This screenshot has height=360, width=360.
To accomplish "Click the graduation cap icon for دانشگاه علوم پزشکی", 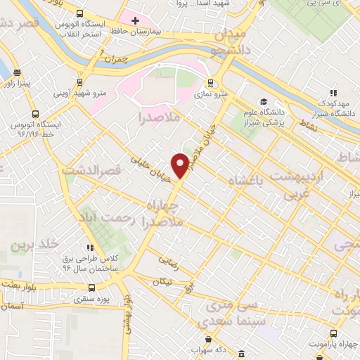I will (263, 101).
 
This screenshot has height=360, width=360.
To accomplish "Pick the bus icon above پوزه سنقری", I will (92, 288).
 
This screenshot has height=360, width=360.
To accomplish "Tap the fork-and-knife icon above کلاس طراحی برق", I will (89, 247).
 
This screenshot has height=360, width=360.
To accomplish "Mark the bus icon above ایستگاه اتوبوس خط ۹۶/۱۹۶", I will (34, 114).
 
